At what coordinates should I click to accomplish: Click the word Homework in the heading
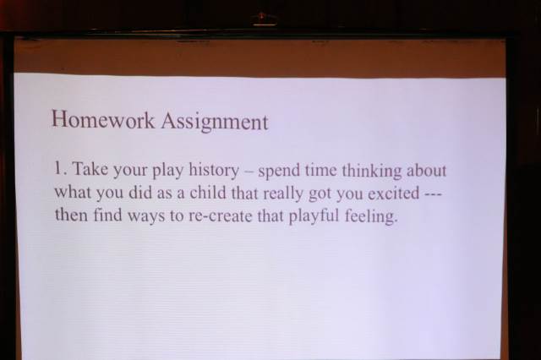(x=103, y=120)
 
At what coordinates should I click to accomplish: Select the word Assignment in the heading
(x=215, y=123)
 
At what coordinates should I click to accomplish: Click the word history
(x=214, y=171)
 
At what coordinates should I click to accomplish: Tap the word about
(x=426, y=172)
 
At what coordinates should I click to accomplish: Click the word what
(x=72, y=192)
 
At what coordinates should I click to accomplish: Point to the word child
(x=206, y=193)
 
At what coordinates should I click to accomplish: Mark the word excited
(x=394, y=194)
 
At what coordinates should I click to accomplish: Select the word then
(x=71, y=215)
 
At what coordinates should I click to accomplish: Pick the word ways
(x=146, y=217)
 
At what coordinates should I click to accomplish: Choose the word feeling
(x=371, y=217)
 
